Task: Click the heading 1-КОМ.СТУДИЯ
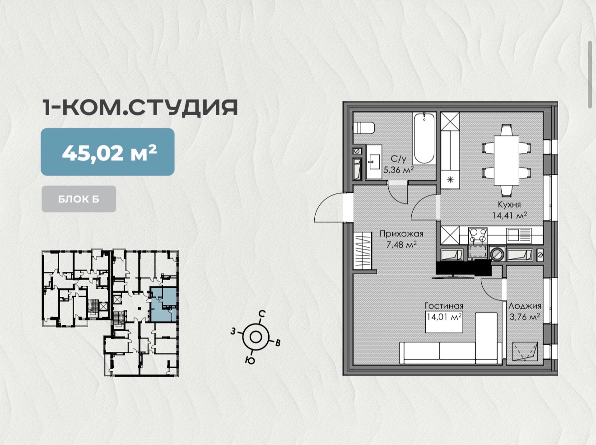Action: [x=140, y=108]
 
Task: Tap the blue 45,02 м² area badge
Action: [x=107, y=152]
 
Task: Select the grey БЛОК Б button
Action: [x=79, y=199]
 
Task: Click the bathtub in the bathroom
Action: [x=424, y=138]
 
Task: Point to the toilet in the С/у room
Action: [x=364, y=128]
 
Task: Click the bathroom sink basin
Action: [x=374, y=162]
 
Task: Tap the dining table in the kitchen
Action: [x=507, y=160]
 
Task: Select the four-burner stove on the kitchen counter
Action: [x=478, y=235]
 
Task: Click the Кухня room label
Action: [x=509, y=204]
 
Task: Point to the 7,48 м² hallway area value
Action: [x=401, y=245]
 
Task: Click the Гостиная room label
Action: [x=444, y=306]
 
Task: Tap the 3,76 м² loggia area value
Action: [x=525, y=317]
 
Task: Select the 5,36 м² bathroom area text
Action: [x=398, y=170]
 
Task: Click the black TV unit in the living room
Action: [x=464, y=268]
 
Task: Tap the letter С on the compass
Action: [x=261, y=314]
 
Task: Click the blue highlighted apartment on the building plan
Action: [x=164, y=304]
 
